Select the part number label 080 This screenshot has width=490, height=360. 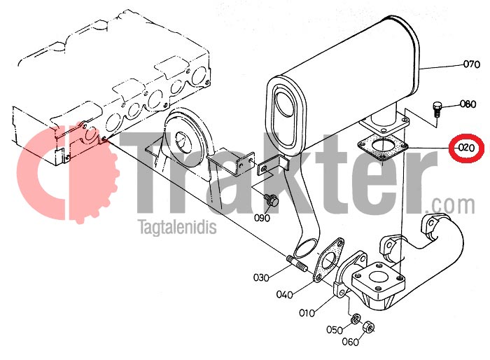click(x=468, y=105)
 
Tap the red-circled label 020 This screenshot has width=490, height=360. click(x=465, y=148)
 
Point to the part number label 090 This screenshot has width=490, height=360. click(x=262, y=218)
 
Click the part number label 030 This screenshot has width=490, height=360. click(x=262, y=277)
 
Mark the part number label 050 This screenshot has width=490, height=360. click(x=334, y=330)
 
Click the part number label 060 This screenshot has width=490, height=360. click(x=350, y=342)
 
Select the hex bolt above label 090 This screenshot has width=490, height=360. click(x=273, y=201)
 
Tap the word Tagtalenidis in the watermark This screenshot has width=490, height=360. click(x=178, y=228)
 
